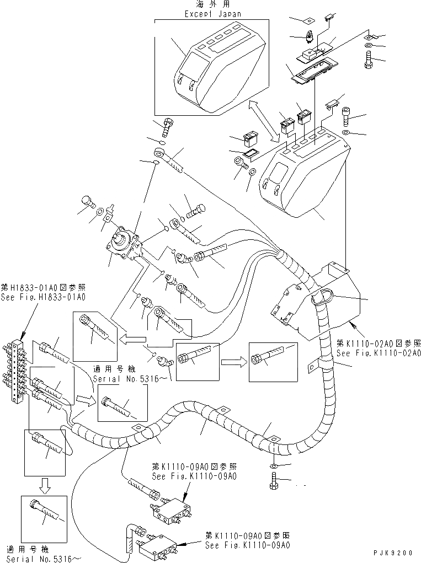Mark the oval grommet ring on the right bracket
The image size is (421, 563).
tap(320, 298)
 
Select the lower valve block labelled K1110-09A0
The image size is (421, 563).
tap(157, 546)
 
